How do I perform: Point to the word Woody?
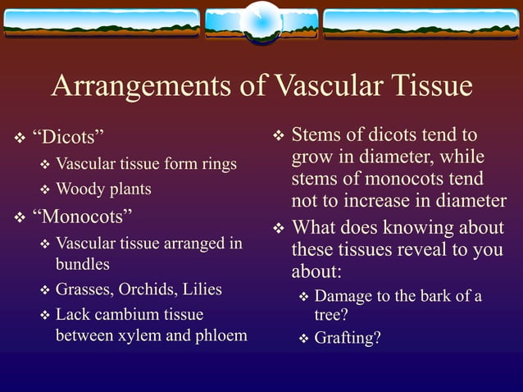coord(80,189)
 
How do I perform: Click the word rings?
coord(217,164)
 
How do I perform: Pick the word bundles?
coord(82,265)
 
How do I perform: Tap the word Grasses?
coord(84,289)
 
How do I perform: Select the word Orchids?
coord(148,289)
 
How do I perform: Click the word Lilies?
coord(202,289)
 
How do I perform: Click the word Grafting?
coord(348,337)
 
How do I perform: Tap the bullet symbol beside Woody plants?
coord(46,190)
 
